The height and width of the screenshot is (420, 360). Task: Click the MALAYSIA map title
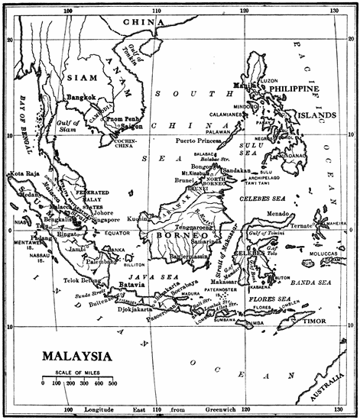(x=76, y=356)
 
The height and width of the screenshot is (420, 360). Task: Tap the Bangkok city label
(x=80, y=98)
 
